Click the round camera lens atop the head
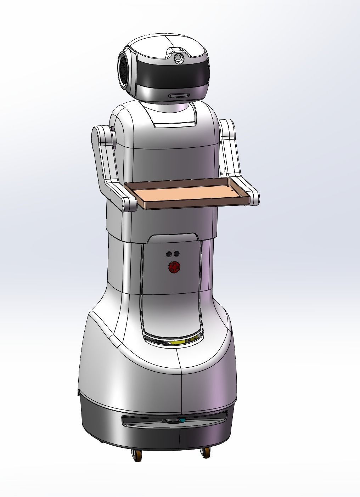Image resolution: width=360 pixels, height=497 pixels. pyautogui.click(x=179, y=58)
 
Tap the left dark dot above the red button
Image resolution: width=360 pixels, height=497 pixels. pyautogui.click(x=168, y=254)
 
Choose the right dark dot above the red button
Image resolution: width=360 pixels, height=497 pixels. pyautogui.click(x=176, y=254)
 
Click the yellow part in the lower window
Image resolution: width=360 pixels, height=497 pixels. pyautogui.click(x=179, y=342)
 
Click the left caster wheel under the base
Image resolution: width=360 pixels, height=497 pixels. pyautogui.click(x=137, y=454)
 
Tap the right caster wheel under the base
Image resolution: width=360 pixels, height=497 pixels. pyautogui.click(x=204, y=453)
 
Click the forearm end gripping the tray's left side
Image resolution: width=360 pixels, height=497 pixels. pyautogui.click(x=128, y=202)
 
